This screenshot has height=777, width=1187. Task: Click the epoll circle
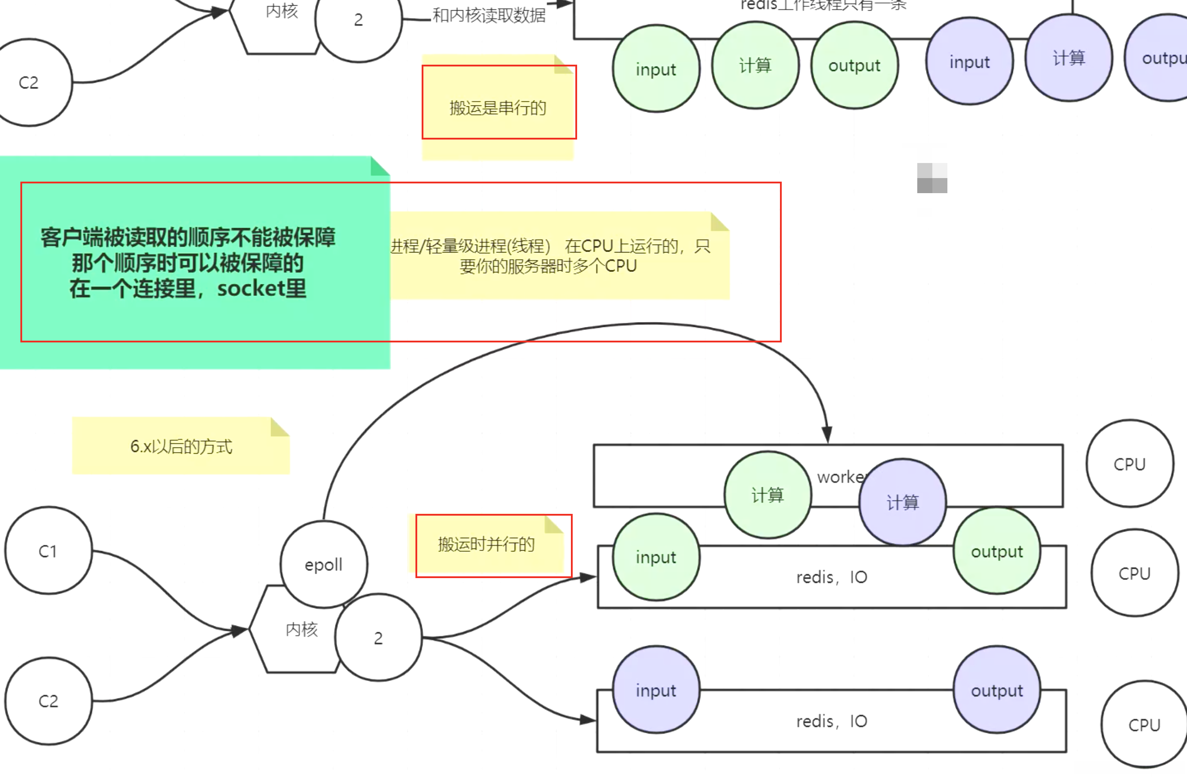(324, 564)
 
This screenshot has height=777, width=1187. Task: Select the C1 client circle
(48, 551)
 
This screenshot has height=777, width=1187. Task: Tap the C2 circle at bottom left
(48, 701)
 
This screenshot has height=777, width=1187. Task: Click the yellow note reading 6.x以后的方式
(181, 446)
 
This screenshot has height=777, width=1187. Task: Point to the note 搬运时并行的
(486, 544)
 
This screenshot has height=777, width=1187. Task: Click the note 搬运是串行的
(498, 108)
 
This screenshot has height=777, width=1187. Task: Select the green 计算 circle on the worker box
(768, 495)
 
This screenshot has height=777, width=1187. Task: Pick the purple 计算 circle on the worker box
(902, 502)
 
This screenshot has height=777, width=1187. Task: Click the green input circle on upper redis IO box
(656, 557)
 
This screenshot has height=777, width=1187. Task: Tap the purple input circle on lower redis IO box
(656, 690)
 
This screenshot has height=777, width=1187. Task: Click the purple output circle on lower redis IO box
(997, 690)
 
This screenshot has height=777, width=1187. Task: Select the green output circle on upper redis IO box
(997, 551)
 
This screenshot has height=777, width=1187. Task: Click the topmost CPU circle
(1130, 464)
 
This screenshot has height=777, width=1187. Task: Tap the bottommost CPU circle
(1144, 724)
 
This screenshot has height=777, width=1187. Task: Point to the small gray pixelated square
(931, 178)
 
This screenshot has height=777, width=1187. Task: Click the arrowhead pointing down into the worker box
(827, 435)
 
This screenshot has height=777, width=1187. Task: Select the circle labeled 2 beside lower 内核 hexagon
(379, 637)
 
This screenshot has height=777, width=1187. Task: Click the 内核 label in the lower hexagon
(302, 629)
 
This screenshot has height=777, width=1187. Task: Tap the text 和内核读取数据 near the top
(489, 16)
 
